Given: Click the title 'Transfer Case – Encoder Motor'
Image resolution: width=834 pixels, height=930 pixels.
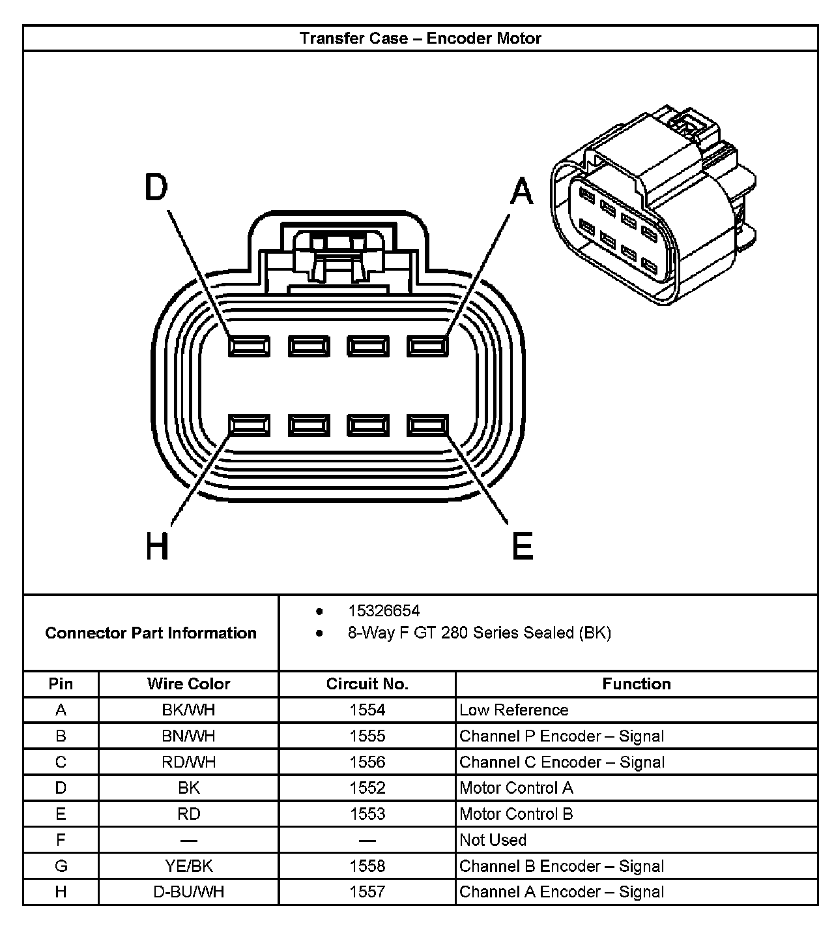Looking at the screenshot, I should pos(420,38).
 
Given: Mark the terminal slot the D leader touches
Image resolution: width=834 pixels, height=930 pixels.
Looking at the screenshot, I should pos(249,346).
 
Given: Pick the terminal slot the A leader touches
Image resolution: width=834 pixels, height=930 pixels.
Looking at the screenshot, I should pos(427,346).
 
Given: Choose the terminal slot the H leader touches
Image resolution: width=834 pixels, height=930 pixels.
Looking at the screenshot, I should pos(249,425).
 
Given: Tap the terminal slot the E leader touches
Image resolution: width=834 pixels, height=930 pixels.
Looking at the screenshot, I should pos(427,425).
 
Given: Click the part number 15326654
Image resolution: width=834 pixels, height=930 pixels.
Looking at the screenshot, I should pos(384,611).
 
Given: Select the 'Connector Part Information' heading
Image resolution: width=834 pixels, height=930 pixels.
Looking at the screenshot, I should pos(151,633).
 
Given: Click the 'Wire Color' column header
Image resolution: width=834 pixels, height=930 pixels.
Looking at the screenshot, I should pos(188,683).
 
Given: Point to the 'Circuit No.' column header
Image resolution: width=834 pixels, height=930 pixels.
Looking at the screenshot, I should pos(367,683).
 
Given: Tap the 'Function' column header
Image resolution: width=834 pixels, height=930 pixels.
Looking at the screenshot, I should pos(636,683).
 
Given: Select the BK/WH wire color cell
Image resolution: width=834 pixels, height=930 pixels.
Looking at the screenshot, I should pos(188,710).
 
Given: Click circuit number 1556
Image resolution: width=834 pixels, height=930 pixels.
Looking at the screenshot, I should pos(367,762).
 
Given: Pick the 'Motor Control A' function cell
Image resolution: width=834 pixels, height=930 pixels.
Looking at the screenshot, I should pos(516,788).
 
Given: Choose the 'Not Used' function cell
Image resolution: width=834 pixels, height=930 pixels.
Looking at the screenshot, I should pos(493,840).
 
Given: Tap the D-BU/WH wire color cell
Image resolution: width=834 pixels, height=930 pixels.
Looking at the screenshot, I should pos(188,892).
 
